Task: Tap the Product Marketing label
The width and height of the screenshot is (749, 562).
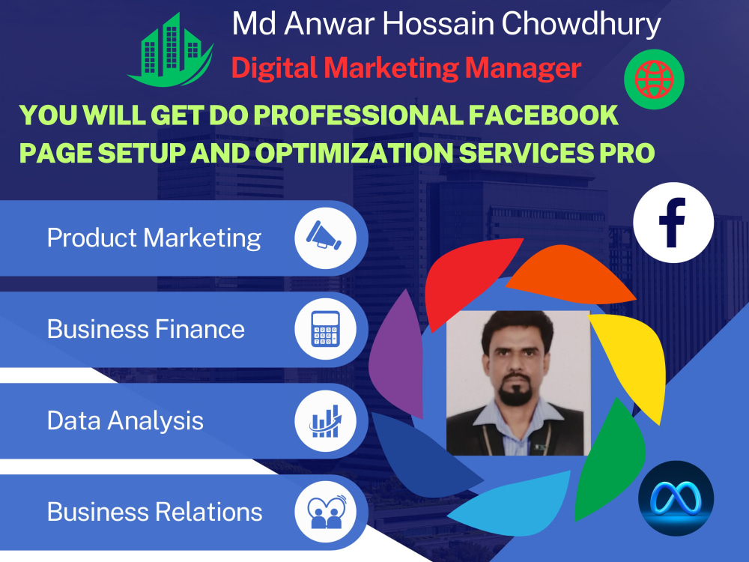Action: click(154, 238)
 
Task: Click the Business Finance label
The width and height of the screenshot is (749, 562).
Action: click(145, 330)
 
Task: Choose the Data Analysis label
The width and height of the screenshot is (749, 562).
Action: click(125, 420)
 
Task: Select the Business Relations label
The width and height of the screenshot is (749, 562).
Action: click(154, 513)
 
